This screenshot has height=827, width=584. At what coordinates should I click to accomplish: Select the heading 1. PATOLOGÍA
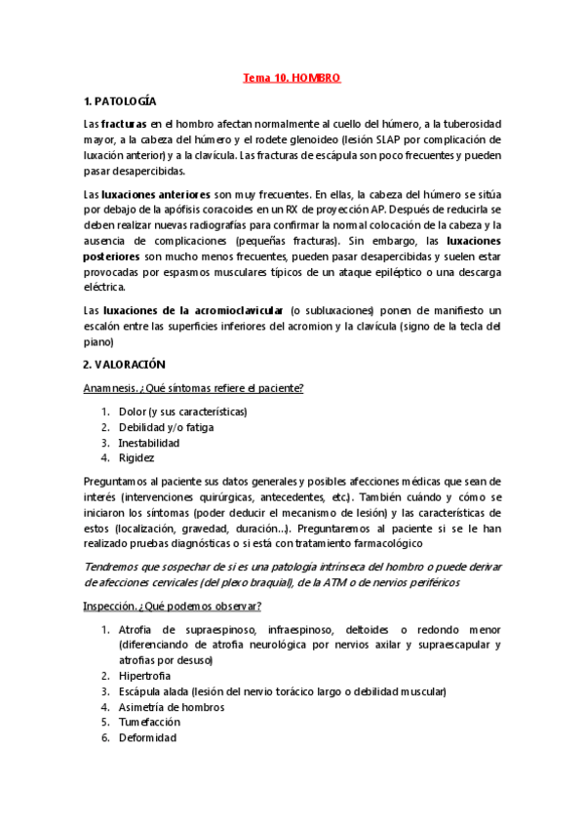pyautogui.click(x=120, y=101)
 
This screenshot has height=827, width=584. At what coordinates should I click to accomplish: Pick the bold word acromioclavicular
pyautogui.click(x=235, y=309)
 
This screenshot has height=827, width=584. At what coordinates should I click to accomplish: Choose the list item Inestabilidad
pyautogui.click(x=149, y=443)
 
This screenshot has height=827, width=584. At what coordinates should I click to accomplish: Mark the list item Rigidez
pyautogui.click(x=136, y=457)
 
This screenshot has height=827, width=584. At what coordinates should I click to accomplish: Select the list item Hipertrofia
pyautogui.click(x=146, y=675)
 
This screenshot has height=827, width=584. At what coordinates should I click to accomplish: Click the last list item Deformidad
pyautogui.click(x=147, y=737)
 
